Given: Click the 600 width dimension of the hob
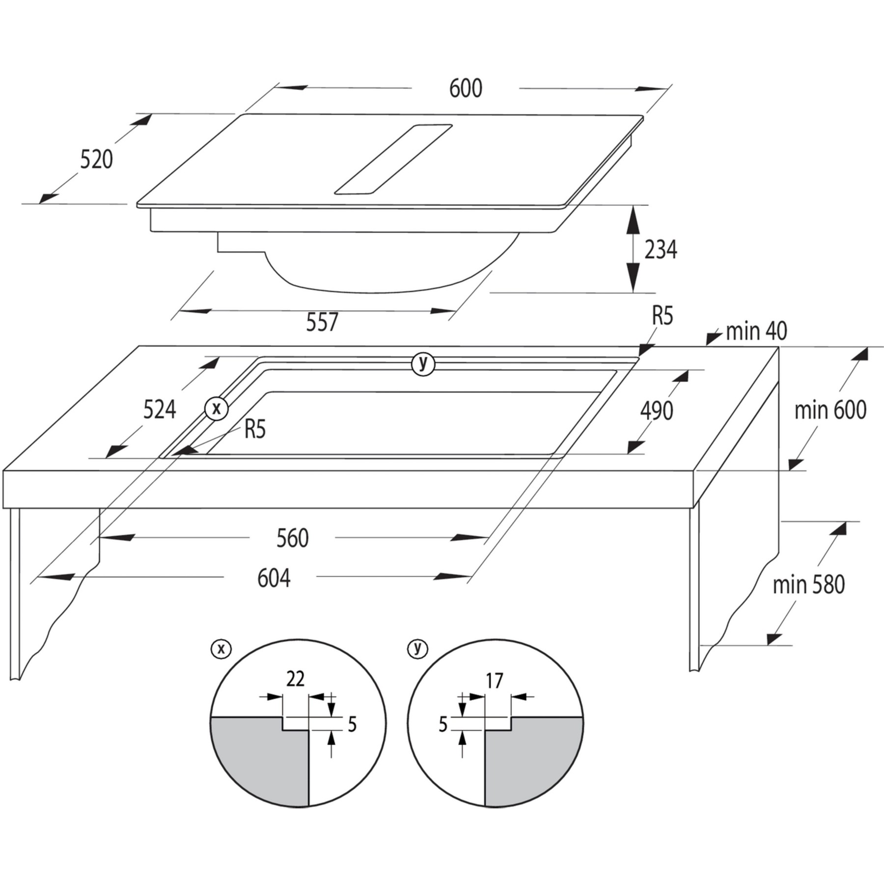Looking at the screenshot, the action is point(466,88).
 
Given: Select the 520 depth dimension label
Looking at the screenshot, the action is point(96,159).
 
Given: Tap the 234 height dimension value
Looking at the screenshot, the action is point(661,249).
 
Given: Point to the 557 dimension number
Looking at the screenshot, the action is point(322,322).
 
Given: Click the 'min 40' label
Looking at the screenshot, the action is point(756,331).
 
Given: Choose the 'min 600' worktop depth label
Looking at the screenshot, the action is point(830,410).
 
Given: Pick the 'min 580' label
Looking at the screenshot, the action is point(809,584).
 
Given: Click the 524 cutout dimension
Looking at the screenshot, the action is point(160,410).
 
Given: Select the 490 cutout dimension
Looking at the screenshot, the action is point(657,411).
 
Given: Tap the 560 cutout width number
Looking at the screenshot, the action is point(293,538).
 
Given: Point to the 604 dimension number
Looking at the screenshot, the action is point(274,578).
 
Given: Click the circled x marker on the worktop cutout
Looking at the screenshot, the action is point(217,408).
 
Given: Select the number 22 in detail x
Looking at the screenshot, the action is point(296,679).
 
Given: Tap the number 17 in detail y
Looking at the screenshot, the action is point(495,681).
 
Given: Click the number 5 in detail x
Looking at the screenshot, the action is point(352,724).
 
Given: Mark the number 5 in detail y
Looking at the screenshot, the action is point(443,724).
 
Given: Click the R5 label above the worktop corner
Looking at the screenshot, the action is point(662,316).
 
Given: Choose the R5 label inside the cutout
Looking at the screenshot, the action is point(255,429).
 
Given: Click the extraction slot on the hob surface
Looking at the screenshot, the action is point(393,159).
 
